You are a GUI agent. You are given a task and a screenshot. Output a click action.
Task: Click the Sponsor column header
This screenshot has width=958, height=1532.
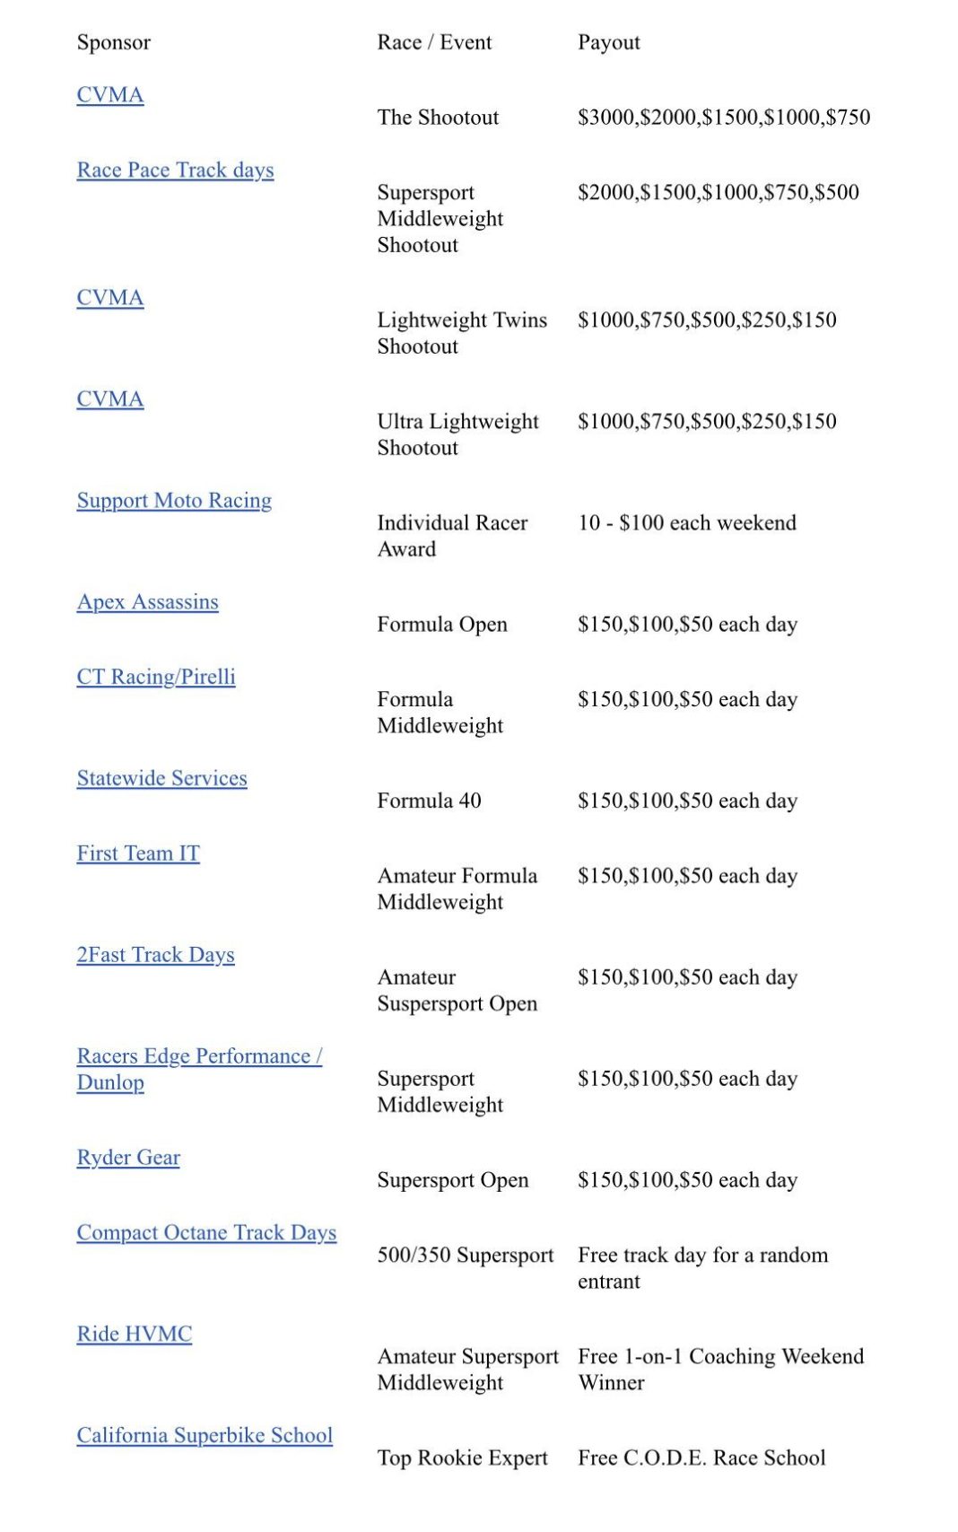113,42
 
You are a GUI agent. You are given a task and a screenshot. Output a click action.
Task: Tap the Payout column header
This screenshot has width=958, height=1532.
608,42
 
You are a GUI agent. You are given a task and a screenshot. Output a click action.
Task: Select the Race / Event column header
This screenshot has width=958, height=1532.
434,42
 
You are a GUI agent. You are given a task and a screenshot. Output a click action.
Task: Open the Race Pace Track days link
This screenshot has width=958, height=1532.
175,170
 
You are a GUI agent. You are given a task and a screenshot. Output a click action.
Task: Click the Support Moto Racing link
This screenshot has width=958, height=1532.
174,500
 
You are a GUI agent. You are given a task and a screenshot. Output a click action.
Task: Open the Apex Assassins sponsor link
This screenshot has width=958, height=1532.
147,601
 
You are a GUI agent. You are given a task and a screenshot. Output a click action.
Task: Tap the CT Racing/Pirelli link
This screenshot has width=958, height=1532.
156,677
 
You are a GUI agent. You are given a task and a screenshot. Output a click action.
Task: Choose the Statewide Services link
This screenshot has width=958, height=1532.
161,778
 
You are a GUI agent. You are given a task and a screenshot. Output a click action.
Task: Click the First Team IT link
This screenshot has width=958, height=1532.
138,854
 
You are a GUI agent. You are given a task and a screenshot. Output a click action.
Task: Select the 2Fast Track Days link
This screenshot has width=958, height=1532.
155,955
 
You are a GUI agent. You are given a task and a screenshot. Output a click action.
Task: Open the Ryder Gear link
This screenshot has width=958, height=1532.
128,1158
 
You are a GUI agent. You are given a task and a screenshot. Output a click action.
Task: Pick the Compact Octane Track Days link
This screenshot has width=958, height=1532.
206,1232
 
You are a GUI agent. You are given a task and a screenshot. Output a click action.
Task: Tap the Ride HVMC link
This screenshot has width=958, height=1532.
134,1334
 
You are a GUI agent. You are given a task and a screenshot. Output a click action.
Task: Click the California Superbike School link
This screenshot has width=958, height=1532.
205,1435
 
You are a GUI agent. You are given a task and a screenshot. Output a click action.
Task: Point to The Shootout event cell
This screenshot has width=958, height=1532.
438,118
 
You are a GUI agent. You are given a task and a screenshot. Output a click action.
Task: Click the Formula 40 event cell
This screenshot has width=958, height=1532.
429,801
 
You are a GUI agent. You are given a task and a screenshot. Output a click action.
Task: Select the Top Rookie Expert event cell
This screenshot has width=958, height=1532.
462,1458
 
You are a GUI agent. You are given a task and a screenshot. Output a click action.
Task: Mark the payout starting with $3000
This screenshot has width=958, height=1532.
723,118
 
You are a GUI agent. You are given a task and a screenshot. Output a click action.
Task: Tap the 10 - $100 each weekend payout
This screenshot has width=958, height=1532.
686,523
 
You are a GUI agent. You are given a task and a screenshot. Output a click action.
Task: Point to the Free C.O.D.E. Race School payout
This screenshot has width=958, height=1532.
701,1458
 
